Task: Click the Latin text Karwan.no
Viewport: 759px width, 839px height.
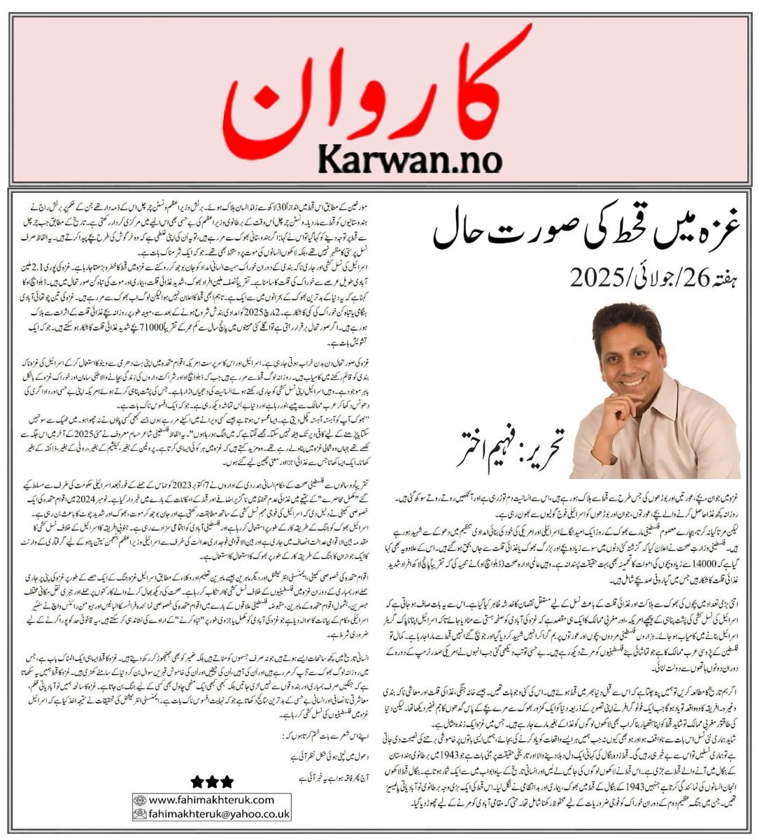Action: point(410,159)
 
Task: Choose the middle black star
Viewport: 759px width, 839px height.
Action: point(211,782)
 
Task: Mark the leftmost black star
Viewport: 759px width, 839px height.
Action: point(197,782)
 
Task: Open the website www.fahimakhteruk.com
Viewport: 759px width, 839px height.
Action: point(218,799)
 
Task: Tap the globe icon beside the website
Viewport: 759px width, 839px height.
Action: point(140,799)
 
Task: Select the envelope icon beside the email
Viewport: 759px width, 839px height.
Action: point(140,814)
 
